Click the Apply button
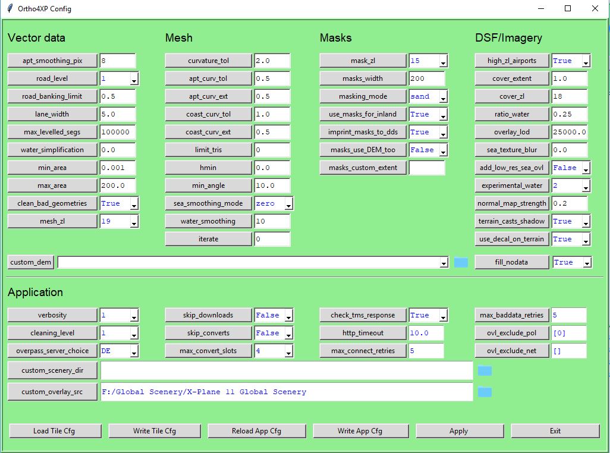[460, 431]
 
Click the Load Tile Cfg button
[55, 431]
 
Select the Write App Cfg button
[361, 431]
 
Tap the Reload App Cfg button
[257, 431]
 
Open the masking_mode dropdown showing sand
[428, 96]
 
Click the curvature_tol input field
[272, 61]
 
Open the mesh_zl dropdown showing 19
[119, 221]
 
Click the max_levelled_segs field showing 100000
[118, 132]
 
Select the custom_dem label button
[31, 262]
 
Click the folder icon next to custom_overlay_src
[485, 392]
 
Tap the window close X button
[595, 8]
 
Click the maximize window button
[568, 8]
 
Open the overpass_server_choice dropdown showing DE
[119, 351]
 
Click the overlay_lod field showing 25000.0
[569, 132]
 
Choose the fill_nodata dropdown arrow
[587, 263]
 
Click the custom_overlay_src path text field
[287, 392]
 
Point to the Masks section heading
[336, 37]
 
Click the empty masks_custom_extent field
[426, 168]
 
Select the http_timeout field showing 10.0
[426, 333]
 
